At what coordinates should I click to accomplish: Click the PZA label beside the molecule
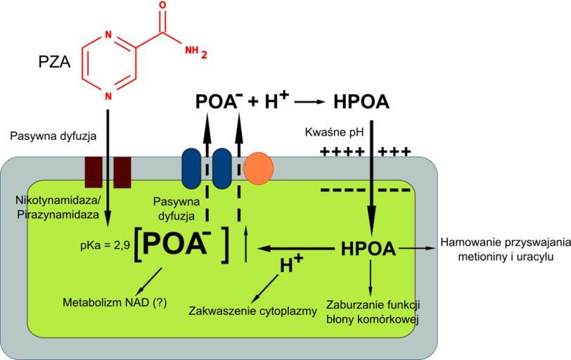(55, 64)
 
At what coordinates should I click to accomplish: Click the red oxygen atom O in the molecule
(163, 6)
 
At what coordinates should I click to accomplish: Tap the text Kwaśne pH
(332, 132)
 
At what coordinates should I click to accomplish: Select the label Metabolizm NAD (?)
(115, 303)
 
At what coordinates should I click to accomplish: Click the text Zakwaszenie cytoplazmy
(253, 311)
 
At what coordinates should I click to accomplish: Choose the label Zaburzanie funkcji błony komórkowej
(373, 312)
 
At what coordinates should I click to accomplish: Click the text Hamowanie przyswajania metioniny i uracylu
(504, 250)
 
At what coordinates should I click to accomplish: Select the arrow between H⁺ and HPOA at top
(310, 103)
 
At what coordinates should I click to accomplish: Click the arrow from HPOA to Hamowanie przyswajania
(418, 248)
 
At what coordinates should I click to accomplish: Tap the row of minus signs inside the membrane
(365, 191)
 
